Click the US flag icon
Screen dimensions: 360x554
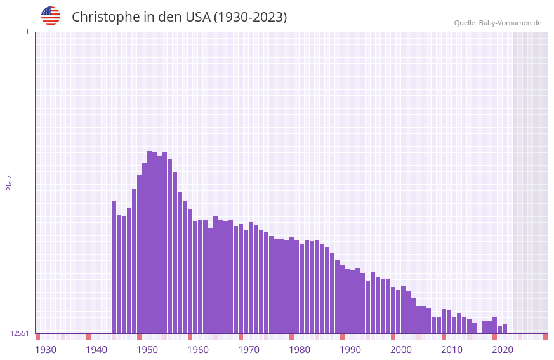pyautogui.click(x=51, y=16)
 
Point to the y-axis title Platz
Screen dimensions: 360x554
pyautogui.click(x=9, y=183)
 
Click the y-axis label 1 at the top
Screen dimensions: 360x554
pyautogui.click(x=27, y=32)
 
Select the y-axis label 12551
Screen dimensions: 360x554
pyautogui.click(x=20, y=333)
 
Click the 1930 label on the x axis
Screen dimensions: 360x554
pyautogui.click(x=46, y=350)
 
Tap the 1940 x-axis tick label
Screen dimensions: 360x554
pyautogui.click(x=96, y=350)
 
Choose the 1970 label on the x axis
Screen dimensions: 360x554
pyautogui.click(x=249, y=350)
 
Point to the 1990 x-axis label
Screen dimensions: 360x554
pyautogui.click(x=350, y=350)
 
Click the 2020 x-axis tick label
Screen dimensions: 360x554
pyautogui.click(x=503, y=350)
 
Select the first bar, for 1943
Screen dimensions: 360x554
pyautogui.click(x=114, y=267)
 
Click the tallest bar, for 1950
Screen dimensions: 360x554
pyautogui.click(x=150, y=241)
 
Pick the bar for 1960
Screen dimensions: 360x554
pyautogui.click(x=201, y=276)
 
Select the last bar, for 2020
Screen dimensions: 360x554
pyautogui.click(x=505, y=329)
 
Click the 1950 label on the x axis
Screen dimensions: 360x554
pyautogui.click(x=147, y=350)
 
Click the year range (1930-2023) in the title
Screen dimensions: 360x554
pyautogui.click(x=250, y=17)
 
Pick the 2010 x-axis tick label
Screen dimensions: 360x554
pyautogui.click(x=452, y=350)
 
